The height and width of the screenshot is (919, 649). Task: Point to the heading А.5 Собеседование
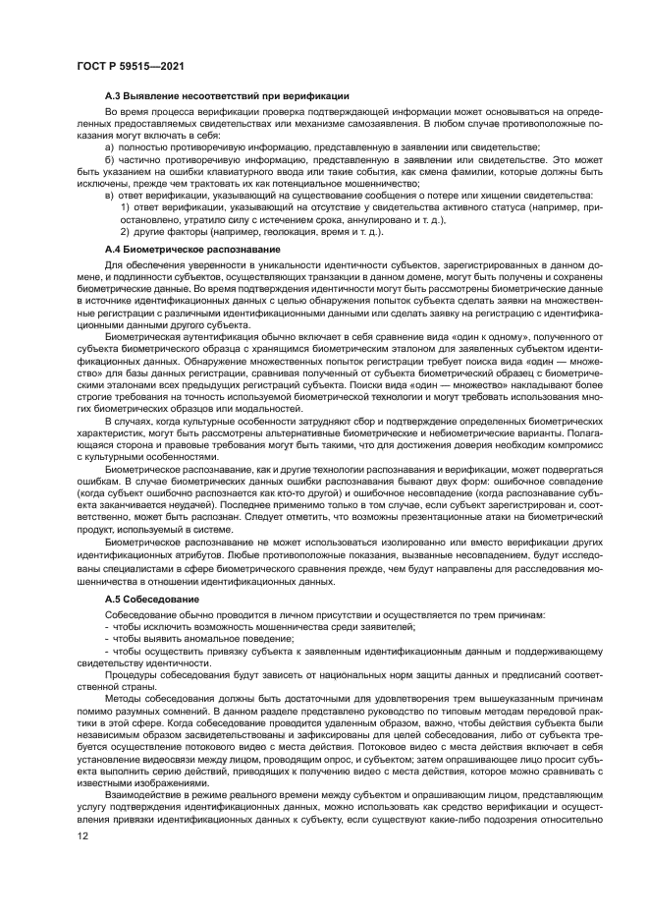pyautogui.click(x=152, y=599)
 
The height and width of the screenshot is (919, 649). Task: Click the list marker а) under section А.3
pyautogui.click(x=109, y=145)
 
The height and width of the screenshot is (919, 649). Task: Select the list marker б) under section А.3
pyautogui.click(x=109, y=158)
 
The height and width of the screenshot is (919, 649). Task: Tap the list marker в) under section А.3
pyautogui.click(x=109, y=196)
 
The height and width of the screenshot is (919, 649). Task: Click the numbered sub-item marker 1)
pyautogui.click(x=125, y=207)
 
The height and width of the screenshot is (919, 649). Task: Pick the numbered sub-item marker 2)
pyautogui.click(x=125, y=232)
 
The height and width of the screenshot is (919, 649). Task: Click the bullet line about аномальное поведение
pyautogui.click(x=175, y=637)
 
